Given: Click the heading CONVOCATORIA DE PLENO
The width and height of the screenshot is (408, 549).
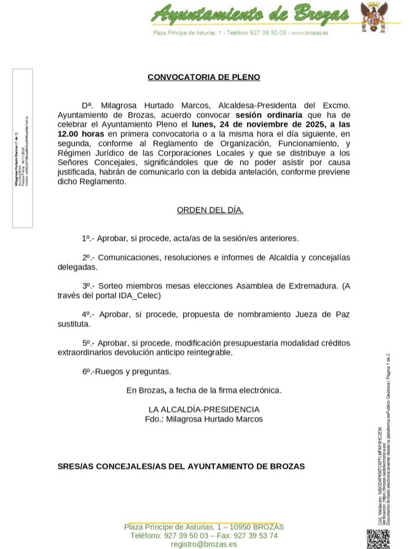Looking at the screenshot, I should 203,77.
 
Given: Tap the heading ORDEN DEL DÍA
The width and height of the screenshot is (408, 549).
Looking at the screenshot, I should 210,211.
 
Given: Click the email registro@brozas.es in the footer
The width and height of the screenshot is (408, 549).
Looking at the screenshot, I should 203,544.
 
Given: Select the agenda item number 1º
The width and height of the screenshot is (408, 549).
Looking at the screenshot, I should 87,238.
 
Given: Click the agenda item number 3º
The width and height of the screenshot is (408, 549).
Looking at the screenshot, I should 87,286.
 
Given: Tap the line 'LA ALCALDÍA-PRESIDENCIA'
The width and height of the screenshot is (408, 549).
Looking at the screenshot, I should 203,409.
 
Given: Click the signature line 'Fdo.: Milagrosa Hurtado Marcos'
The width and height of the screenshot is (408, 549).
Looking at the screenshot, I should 203,419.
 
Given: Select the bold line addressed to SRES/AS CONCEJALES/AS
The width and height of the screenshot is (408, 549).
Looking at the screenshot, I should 181,465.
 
